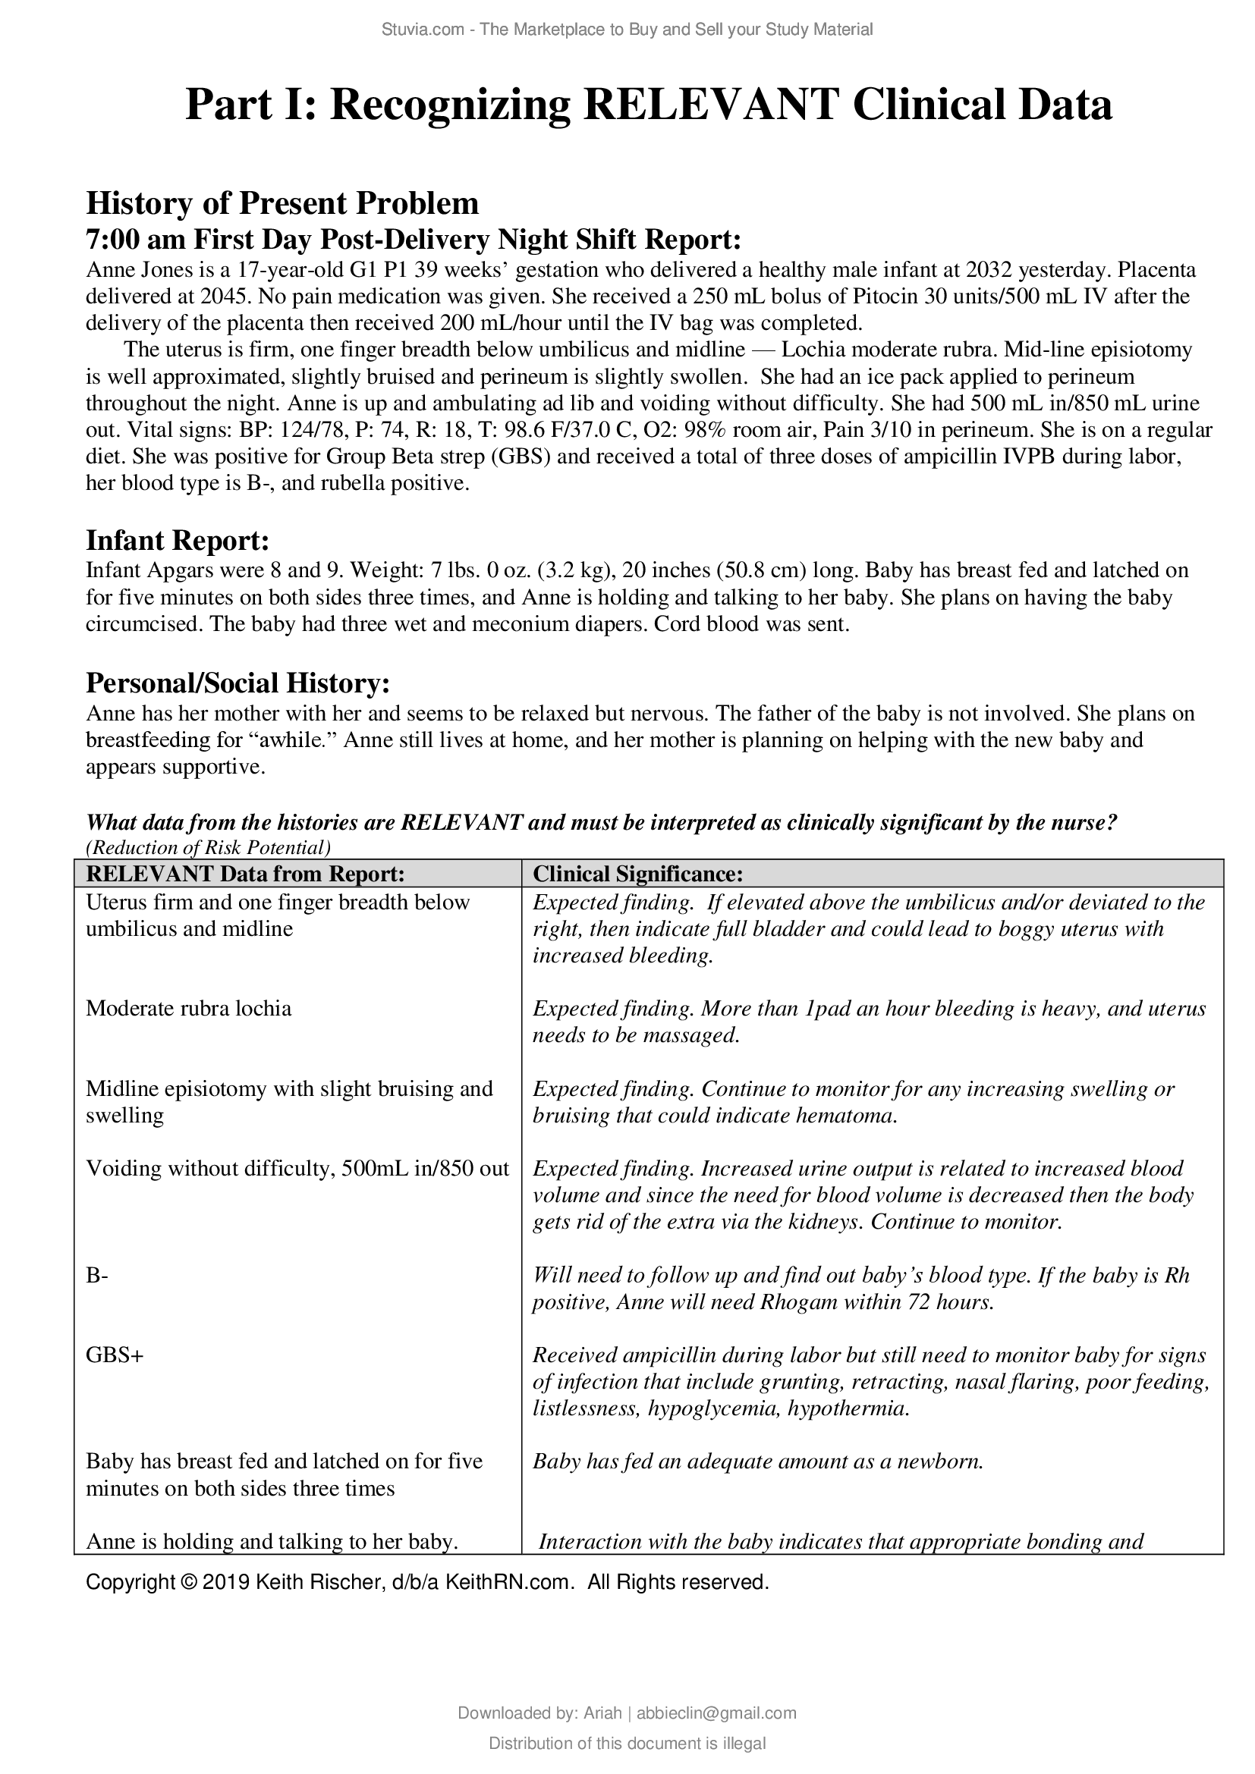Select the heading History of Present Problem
click(x=282, y=203)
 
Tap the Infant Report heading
click(x=177, y=540)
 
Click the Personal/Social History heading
click(x=237, y=683)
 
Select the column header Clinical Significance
click(x=637, y=874)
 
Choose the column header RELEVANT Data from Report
click(x=245, y=874)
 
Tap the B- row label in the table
click(x=96, y=1275)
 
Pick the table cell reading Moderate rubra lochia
click(x=189, y=1008)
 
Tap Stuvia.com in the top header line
click(x=422, y=30)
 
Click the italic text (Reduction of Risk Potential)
click(x=208, y=848)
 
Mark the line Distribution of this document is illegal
click(x=627, y=1744)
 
